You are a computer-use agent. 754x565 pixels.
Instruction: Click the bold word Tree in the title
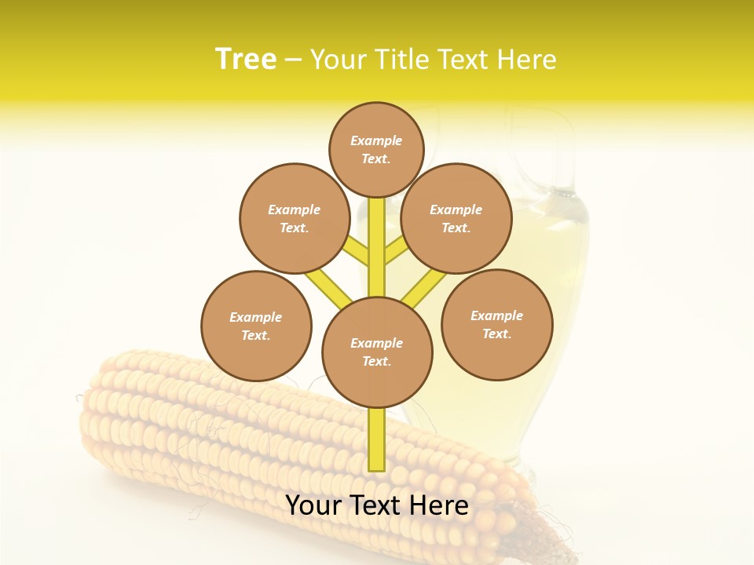coord(246,59)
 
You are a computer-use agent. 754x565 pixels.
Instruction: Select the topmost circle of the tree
coord(376,149)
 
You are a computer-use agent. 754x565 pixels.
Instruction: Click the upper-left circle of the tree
coord(294,218)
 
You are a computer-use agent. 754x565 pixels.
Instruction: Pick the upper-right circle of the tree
coord(456,218)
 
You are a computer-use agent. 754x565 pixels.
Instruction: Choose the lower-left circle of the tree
coord(256,326)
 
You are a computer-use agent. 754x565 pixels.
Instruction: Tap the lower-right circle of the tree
coord(496,324)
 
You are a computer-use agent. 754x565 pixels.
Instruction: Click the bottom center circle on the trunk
coord(377,352)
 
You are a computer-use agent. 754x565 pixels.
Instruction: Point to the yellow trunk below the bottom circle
coord(377,439)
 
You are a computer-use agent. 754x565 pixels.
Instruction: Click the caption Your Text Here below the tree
coord(377,505)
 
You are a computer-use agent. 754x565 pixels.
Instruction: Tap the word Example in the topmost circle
coord(376,140)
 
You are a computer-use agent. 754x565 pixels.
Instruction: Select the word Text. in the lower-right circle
coord(496,334)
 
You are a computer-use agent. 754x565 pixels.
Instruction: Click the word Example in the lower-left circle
coord(255,317)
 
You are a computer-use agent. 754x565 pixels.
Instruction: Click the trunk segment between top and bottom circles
coord(377,247)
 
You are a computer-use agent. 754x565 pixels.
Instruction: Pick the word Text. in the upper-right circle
coord(456,228)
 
